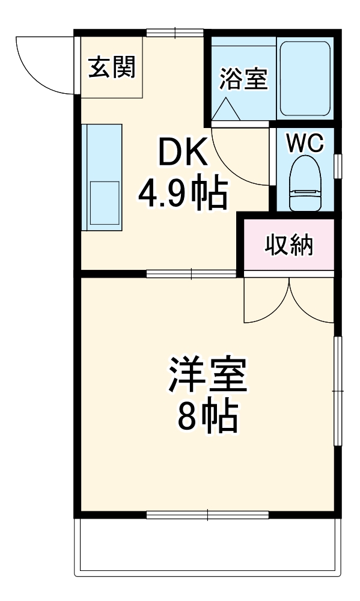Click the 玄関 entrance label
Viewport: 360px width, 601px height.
click(112, 67)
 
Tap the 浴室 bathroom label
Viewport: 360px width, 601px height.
click(243, 79)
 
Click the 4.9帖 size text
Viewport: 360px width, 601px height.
click(183, 194)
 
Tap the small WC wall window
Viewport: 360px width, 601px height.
click(338, 166)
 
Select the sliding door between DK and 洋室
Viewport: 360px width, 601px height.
click(191, 275)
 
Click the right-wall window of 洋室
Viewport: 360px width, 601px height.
click(338, 391)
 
